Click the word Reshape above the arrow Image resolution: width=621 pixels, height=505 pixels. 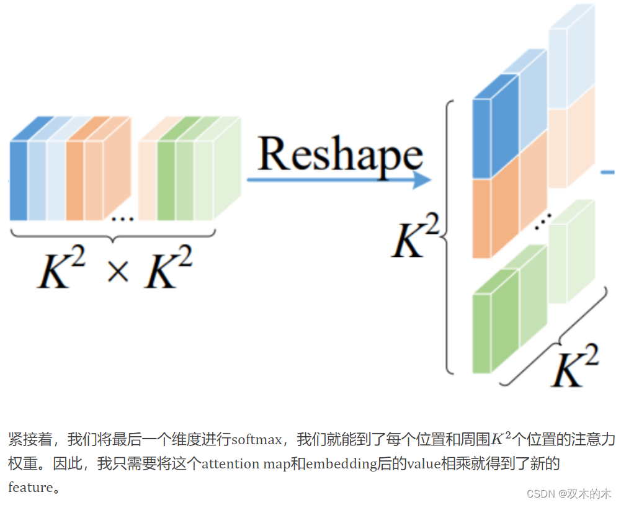(340, 154)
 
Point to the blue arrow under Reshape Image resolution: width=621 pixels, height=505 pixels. (338, 180)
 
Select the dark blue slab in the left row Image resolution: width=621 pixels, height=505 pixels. (19, 180)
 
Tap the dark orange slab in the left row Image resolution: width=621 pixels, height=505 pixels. (74, 180)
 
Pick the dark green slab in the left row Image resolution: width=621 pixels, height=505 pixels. (166, 180)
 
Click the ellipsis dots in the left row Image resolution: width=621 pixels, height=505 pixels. (122, 218)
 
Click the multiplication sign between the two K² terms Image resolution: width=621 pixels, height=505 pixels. (118, 270)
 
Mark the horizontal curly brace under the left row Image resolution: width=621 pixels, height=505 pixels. (113, 236)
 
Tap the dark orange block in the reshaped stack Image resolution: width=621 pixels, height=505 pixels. (481, 217)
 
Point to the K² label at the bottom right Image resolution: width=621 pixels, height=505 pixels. (574, 366)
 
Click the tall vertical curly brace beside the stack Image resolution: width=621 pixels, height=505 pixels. (448, 236)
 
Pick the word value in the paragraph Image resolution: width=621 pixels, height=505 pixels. (424, 464)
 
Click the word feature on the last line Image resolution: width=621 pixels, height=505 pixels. (30, 487)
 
